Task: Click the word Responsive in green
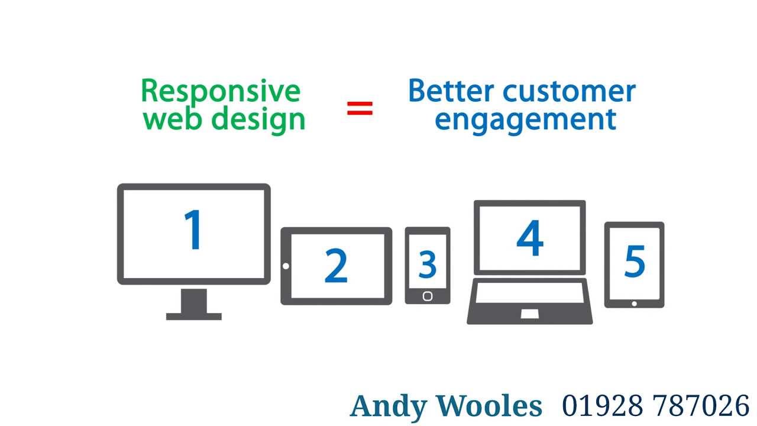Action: [x=221, y=92]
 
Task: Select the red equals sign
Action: [x=360, y=108]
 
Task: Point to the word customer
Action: [x=570, y=92]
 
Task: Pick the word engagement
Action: [x=526, y=119]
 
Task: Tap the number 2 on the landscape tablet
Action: [x=336, y=266]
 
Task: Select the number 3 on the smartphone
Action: [x=427, y=264]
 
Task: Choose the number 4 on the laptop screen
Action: [x=530, y=238]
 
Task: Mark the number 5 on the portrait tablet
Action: [x=635, y=261]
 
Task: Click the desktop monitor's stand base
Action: [x=194, y=316]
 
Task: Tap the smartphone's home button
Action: [x=428, y=296]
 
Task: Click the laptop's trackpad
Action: [x=529, y=314]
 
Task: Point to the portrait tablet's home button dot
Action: [x=634, y=304]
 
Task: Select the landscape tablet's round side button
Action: [x=286, y=266]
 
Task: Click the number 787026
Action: [x=701, y=406]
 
